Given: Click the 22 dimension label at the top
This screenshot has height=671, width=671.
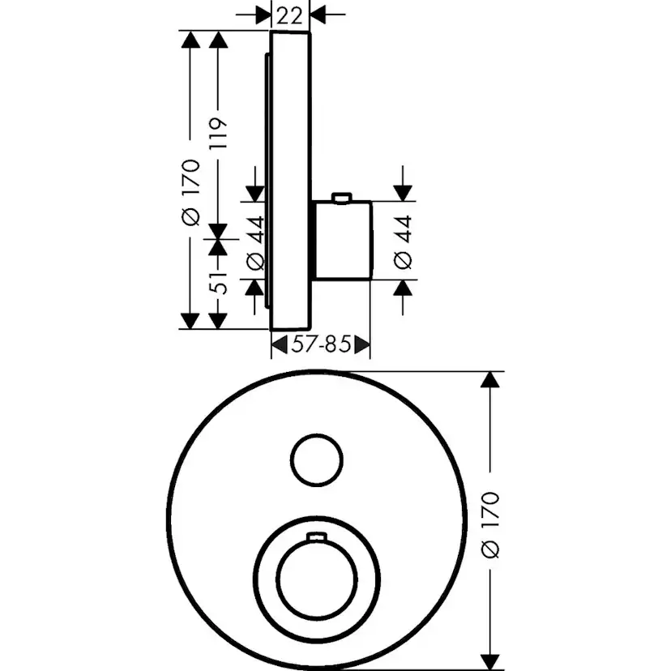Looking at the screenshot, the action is pyautogui.click(x=289, y=16).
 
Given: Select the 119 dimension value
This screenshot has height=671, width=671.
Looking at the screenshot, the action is pyautogui.click(x=218, y=134).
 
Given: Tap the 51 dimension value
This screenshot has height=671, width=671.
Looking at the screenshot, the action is pyautogui.click(x=218, y=283).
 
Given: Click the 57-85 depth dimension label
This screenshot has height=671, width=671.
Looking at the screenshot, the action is pyautogui.click(x=321, y=344).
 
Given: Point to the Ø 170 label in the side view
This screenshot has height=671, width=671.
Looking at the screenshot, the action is pyautogui.click(x=191, y=193).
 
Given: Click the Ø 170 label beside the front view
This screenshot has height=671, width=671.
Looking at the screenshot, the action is pyautogui.click(x=490, y=525).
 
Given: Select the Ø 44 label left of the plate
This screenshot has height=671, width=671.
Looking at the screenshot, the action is pyautogui.click(x=256, y=243).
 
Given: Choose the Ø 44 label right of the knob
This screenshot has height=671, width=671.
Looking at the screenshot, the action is pyautogui.click(x=403, y=242).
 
